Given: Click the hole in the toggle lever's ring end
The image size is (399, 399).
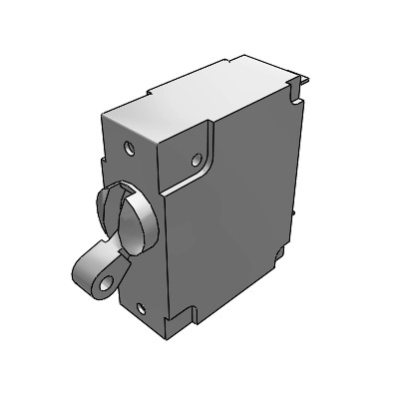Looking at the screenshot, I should pyautogui.click(x=105, y=287).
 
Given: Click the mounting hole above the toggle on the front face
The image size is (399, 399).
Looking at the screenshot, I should pyautogui.click(x=129, y=147).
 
